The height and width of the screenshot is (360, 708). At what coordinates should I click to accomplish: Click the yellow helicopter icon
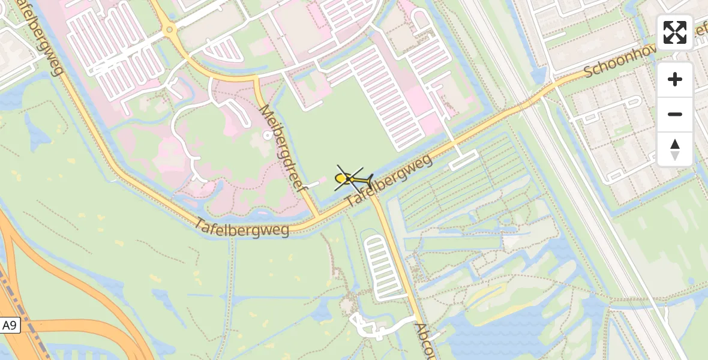point(350,178)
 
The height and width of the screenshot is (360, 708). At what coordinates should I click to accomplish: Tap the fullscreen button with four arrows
point(675,32)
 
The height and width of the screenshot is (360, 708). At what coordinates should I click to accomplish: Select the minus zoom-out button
point(675,114)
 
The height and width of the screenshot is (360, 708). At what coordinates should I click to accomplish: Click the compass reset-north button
point(675,149)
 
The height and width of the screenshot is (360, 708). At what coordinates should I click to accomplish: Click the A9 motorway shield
point(10,326)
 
